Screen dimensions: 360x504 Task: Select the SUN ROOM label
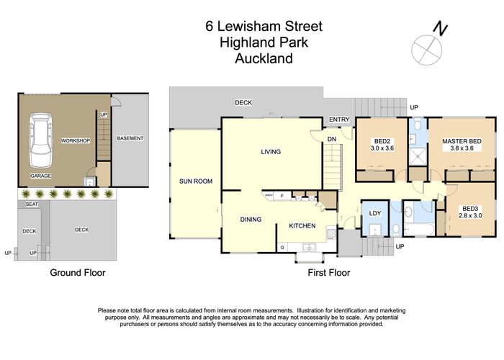pyautogui.click(x=196, y=181)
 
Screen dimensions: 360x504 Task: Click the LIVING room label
pyautogui.click(x=271, y=152)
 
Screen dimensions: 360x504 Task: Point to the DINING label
pyautogui.click(x=251, y=220)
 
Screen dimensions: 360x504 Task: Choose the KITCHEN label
pyautogui.click(x=302, y=226)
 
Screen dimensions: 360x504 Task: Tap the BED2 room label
pyautogui.click(x=382, y=141)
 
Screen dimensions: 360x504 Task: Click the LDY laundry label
pyautogui.click(x=374, y=213)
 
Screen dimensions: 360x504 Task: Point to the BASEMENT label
pyautogui.click(x=130, y=138)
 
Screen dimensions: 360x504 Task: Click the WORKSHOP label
pyautogui.click(x=76, y=140)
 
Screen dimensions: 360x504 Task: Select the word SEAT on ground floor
pyautogui.click(x=31, y=204)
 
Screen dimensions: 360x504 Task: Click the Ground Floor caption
pyautogui.click(x=77, y=273)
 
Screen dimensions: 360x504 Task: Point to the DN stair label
pyautogui.click(x=331, y=139)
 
